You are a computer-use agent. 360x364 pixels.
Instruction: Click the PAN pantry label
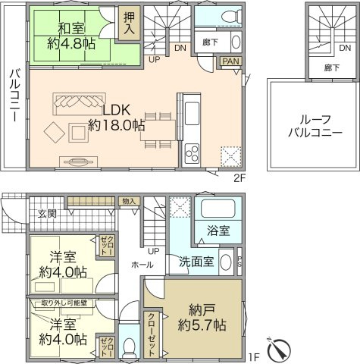[x=230, y=64]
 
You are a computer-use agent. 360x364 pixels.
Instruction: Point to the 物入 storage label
[x=130, y=201]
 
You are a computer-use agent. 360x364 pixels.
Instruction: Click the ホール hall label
[x=142, y=265]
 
